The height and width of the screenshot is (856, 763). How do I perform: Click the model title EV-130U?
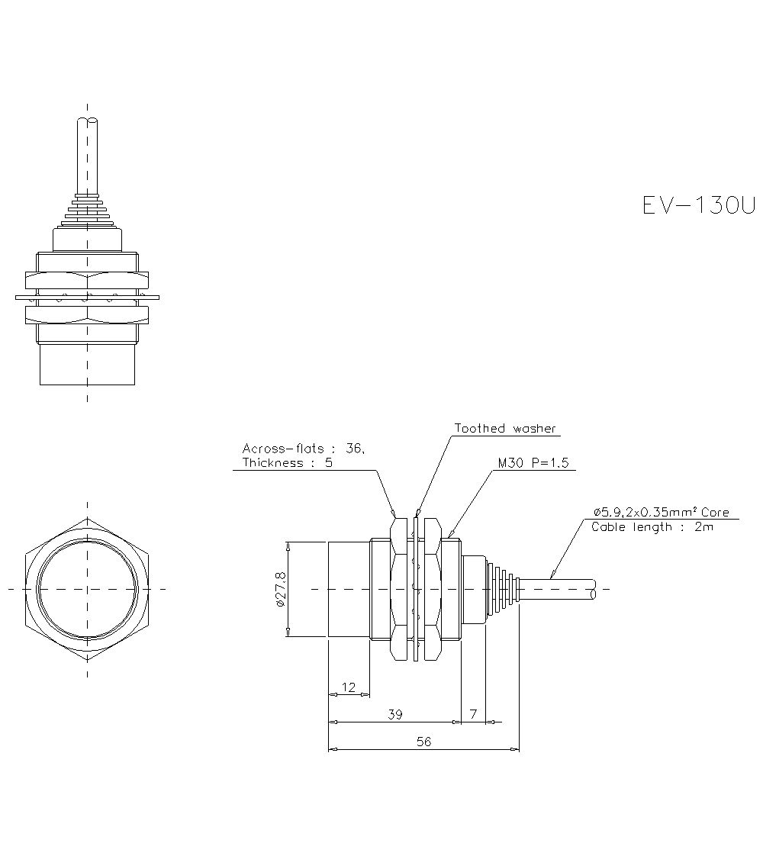coord(698,205)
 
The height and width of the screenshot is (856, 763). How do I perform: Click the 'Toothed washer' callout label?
coord(505,428)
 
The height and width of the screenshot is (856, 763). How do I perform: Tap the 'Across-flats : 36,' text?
coord(304,449)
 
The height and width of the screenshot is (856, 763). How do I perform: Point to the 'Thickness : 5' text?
coord(287,463)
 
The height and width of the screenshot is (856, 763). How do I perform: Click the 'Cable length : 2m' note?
coord(652,526)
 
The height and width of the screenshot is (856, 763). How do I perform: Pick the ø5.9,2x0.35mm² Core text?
coord(661,512)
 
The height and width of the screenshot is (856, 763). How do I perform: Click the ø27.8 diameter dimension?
coord(280,589)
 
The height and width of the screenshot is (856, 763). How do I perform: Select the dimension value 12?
coord(349,687)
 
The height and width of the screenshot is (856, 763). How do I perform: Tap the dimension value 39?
coord(394,715)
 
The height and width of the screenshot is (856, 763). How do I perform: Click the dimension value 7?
coord(473,715)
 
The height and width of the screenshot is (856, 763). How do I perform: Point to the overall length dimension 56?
coord(423,742)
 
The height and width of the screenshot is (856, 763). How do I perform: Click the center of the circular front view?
coord(88,589)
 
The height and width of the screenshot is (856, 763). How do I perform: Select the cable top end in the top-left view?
coord(88,122)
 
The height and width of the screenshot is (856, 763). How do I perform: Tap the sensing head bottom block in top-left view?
coord(88,365)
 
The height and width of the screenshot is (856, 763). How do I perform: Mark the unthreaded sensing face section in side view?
coord(349,589)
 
